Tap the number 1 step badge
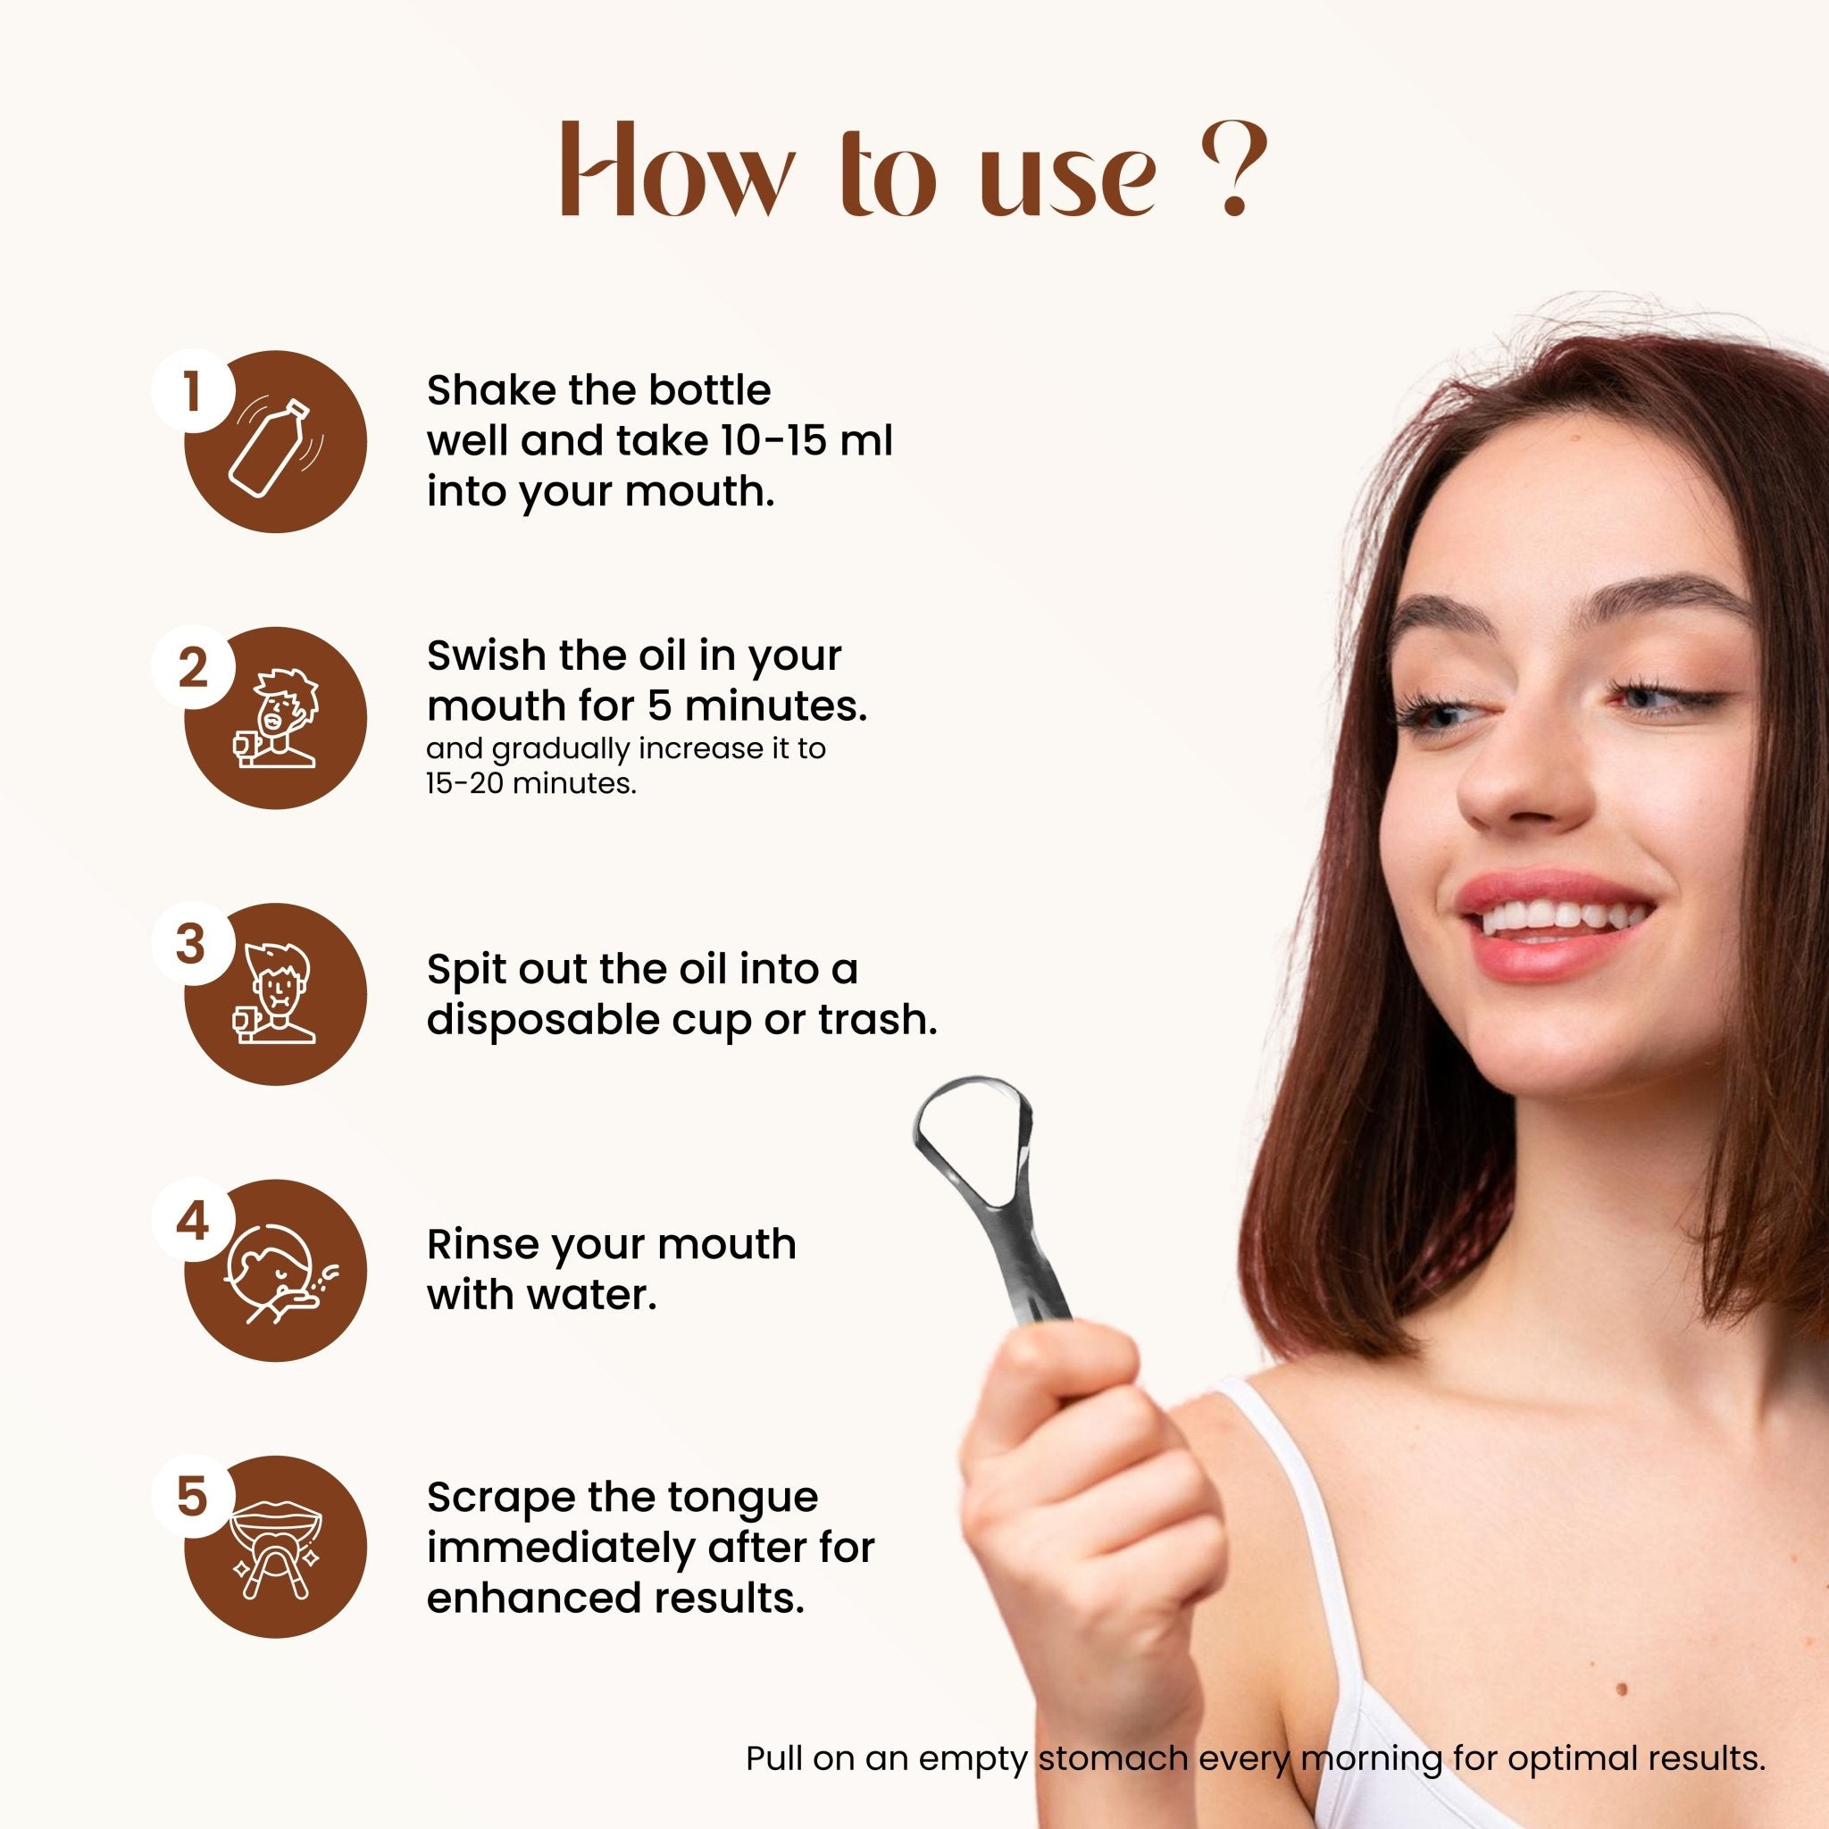click(191, 390)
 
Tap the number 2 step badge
click(192, 668)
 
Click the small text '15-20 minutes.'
click(531, 784)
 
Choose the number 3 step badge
click(191, 945)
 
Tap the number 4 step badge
click(192, 1221)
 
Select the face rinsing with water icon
click(280, 1274)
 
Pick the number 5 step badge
click(191, 1498)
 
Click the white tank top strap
click(1297, 1515)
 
